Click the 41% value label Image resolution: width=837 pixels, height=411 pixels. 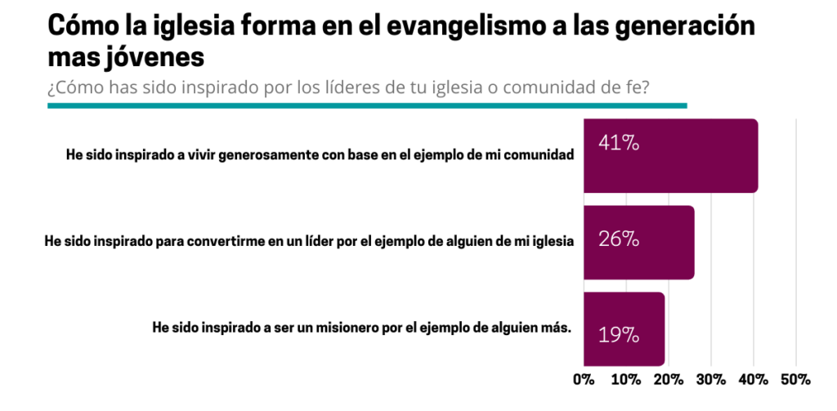[618, 143]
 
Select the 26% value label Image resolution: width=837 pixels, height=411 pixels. [618, 240]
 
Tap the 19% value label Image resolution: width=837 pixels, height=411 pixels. [618, 334]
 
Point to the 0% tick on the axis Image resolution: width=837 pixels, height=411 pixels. [584, 379]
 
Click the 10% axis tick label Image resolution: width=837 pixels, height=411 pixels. [626, 379]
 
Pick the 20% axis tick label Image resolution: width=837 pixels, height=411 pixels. [669, 379]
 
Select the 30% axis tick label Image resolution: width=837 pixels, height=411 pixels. [711, 379]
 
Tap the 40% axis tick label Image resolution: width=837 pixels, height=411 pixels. [754, 379]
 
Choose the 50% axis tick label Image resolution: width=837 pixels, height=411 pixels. [796, 379]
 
